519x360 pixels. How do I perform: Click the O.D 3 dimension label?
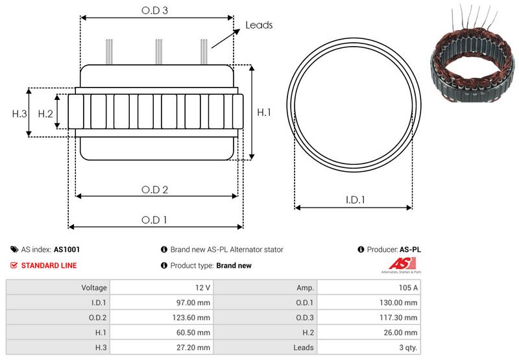click(x=156, y=11)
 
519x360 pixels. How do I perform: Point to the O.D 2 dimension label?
click(x=156, y=189)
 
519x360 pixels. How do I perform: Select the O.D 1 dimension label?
click(x=155, y=220)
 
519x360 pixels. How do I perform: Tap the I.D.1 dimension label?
click(x=354, y=200)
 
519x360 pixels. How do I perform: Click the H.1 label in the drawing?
click(x=264, y=113)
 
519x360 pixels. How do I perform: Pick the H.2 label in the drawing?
click(x=45, y=114)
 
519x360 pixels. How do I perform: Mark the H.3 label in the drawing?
click(x=19, y=114)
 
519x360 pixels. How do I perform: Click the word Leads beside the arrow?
click(x=259, y=25)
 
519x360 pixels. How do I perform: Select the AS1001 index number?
click(x=67, y=249)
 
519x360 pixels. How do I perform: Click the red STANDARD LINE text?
click(x=49, y=265)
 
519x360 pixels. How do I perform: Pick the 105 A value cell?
click(x=408, y=287)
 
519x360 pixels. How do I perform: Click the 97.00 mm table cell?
click(x=195, y=302)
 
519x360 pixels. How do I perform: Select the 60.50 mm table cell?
click(x=195, y=333)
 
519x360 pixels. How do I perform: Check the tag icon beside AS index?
click(x=14, y=249)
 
